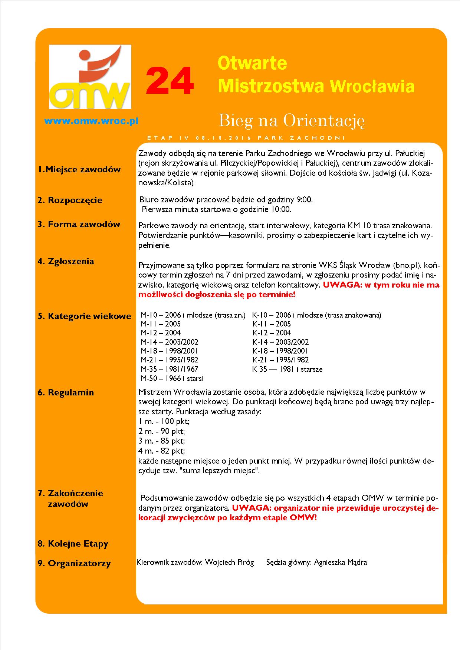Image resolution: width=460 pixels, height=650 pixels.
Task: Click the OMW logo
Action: tap(90, 77)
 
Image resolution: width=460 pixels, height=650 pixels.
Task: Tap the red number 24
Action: tap(170, 82)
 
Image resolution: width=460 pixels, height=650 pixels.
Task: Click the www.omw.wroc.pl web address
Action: tap(91, 121)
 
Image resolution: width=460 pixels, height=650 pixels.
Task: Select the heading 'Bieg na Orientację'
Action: tap(292, 120)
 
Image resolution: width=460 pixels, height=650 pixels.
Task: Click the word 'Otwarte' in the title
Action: tap(252, 63)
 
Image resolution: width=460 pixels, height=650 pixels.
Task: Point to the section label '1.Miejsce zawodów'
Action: tap(79, 169)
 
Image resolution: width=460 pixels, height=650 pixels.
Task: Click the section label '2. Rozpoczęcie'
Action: tap(70, 200)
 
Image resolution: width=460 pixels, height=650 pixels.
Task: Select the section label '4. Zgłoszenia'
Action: tap(66, 261)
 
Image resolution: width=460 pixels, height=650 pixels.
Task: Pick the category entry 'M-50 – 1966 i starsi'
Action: tap(172, 378)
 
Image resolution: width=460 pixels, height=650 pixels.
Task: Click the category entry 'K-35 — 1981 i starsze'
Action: tap(287, 369)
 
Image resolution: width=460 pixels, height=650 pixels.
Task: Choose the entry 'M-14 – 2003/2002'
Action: tap(170, 342)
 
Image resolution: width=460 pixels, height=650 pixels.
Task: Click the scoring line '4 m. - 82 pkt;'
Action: tap(162, 451)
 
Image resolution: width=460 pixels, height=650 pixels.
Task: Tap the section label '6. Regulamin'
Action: tap(66, 392)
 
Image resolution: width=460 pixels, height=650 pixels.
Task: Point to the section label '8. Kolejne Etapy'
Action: tap(73, 544)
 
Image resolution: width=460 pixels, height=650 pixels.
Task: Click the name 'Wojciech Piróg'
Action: tap(230, 562)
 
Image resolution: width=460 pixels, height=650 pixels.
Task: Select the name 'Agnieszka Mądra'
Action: tap(340, 562)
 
